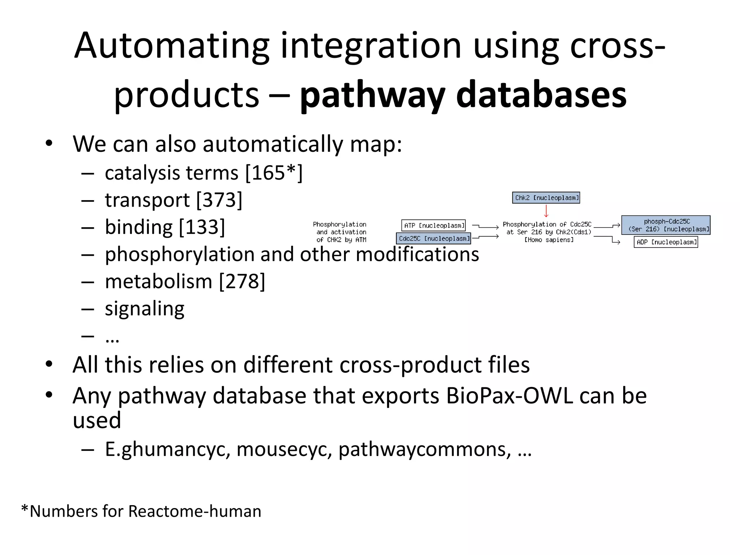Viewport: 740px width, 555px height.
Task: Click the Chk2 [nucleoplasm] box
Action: [x=546, y=198]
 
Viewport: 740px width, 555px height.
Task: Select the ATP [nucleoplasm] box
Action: [x=433, y=225]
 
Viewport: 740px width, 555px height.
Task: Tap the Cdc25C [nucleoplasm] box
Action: [x=434, y=238]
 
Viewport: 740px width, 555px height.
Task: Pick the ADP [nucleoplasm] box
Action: [x=666, y=242]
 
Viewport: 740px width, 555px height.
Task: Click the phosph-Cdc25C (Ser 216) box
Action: [x=666, y=225]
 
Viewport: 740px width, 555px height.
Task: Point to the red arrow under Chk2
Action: [x=546, y=211]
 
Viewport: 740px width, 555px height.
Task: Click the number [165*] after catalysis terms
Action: [x=274, y=173]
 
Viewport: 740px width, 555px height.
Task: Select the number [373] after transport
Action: [x=219, y=200]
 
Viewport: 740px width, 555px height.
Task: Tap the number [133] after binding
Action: [x=202, y=227]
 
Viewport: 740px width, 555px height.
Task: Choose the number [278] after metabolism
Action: [x=242, y=281]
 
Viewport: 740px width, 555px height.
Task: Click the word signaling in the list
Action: [x=145, y=309]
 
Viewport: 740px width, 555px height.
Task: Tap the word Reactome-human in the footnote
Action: [x=194, y=511]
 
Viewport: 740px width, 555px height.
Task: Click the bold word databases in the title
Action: [x=541, y=95]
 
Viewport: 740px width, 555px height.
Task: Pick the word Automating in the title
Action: [x=172, y=46]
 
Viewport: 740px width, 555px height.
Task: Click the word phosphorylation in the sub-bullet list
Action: [x=180, y=254]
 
